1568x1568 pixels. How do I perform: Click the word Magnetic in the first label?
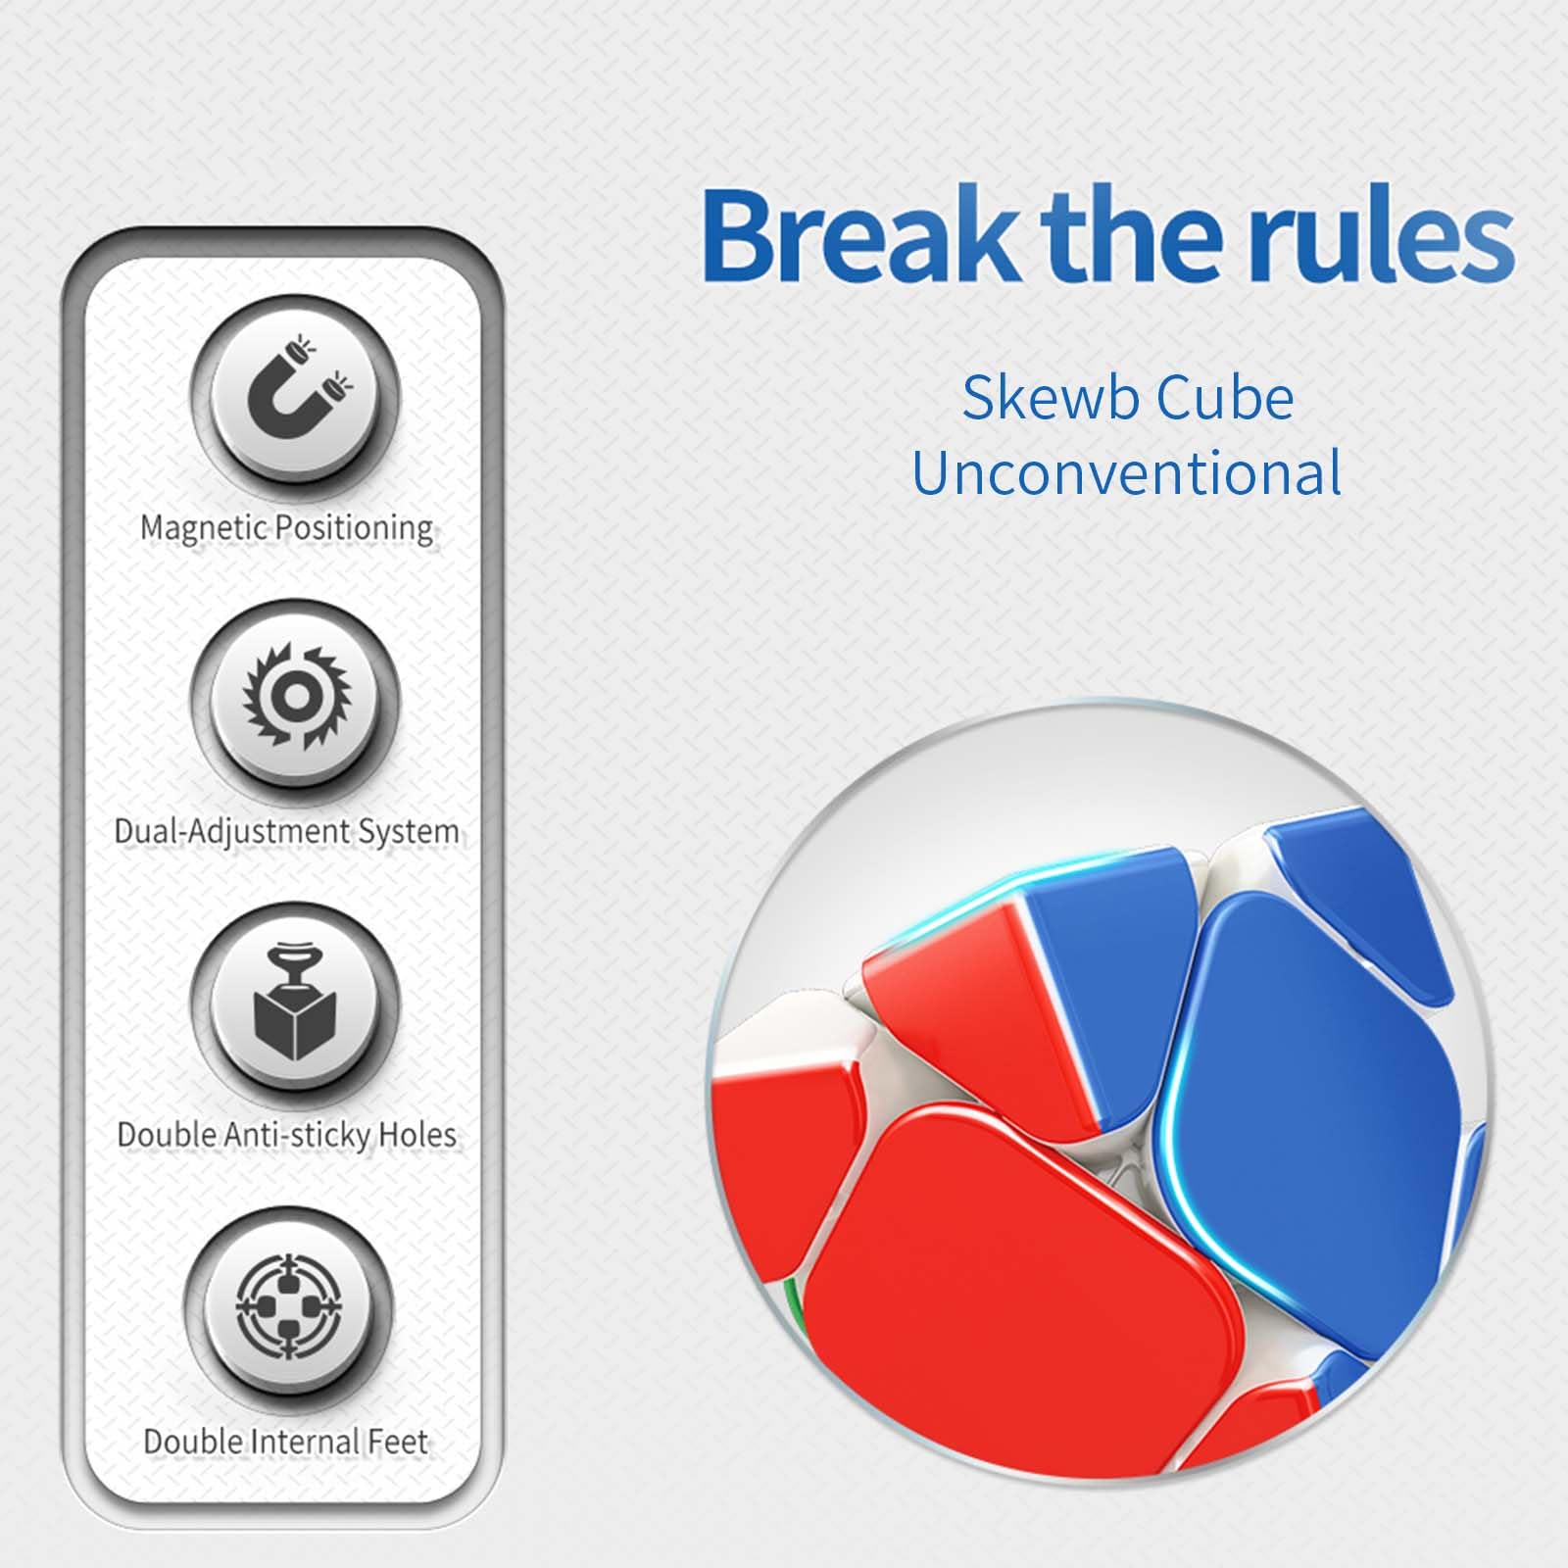(204, 528)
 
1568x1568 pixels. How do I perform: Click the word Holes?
(417, 1135)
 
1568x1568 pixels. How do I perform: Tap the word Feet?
(398, 1442)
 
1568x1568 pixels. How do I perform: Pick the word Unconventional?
(1126, 473)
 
